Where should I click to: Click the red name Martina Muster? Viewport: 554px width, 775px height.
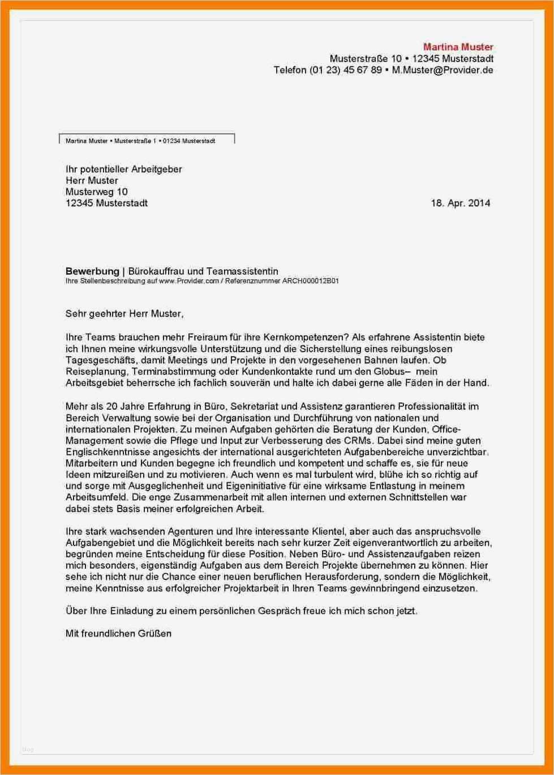458,47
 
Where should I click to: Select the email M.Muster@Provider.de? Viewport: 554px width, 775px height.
443,70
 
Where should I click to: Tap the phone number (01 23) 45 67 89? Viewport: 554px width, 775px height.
346,70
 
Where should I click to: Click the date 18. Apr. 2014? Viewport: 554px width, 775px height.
460,203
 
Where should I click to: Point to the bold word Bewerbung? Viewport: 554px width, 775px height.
92,271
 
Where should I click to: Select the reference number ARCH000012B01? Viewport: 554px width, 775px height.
310,281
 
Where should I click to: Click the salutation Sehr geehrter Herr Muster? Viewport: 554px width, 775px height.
124,313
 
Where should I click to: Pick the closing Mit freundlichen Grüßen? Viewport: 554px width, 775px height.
118,633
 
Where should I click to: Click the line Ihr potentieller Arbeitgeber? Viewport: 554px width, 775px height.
123,169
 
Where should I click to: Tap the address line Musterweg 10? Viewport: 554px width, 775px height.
96,192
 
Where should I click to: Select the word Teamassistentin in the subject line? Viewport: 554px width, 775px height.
242,271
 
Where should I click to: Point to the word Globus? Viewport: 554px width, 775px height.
389,371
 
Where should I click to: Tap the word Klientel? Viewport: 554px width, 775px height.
328,531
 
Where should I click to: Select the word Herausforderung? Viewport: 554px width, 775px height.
342,577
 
